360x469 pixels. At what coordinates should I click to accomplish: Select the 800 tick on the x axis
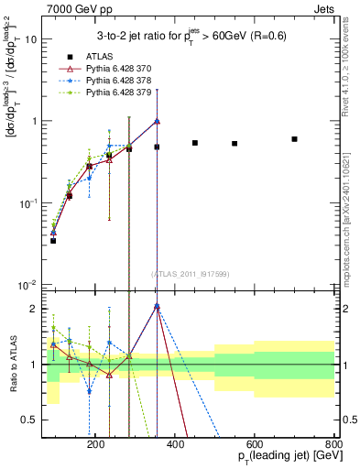click(x=334, y=442)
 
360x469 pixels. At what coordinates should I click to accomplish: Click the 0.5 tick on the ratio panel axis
click(x=35, y=420)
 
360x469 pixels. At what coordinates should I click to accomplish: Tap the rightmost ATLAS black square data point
click(x=294, y=139)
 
